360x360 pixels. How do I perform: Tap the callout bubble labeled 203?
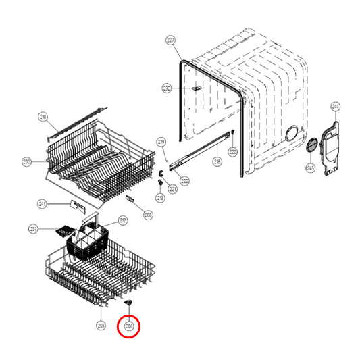click(101, 326)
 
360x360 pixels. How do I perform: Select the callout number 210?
click(43, 118)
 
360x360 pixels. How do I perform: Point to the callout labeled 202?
click(27, 162)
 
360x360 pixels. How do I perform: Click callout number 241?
click(42, 203)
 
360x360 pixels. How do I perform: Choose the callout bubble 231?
click(33, 230)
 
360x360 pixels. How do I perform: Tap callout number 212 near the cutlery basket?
click(123, 220)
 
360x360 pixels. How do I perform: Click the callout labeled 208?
click(148, 215)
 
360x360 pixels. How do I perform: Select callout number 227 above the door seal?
click(170, 41)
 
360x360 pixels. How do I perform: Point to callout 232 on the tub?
click(166, 88)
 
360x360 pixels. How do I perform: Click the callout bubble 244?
click(336, 106)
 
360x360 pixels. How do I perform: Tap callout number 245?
click(311, 168)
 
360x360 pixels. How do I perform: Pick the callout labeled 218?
click(217, 162)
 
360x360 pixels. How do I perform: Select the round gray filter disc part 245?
click(312, 146)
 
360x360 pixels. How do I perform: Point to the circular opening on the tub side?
click(293, 134)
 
